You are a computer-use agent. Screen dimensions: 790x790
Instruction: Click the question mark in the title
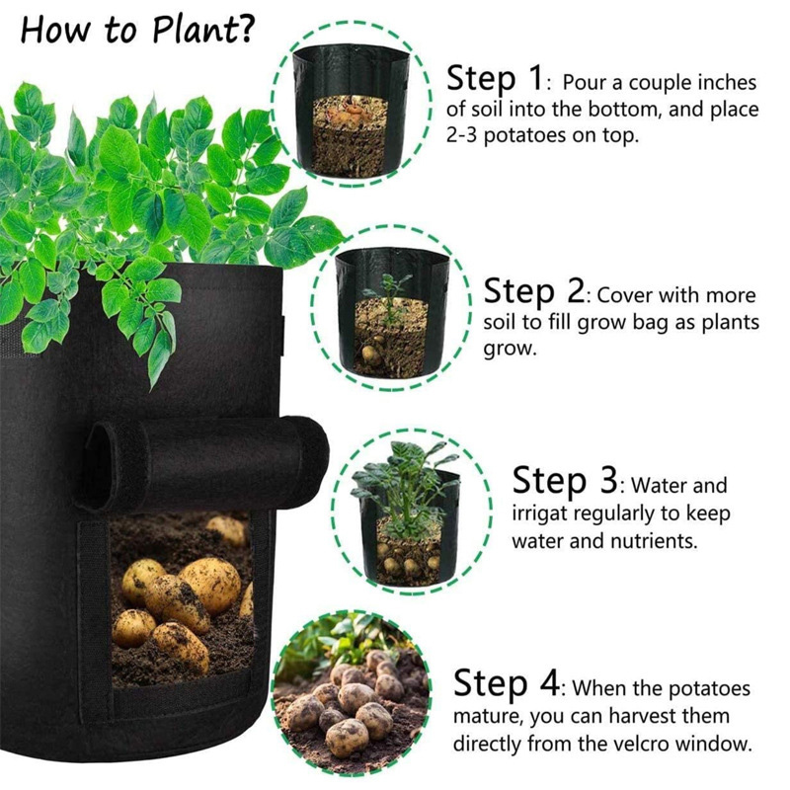[x=245, y=30]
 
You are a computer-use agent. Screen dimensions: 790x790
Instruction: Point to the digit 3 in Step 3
[x=608, y=480]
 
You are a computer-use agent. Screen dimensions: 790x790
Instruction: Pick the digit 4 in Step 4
[x=549, y=682]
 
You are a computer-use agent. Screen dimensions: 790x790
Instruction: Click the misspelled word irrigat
[x=539, y=514]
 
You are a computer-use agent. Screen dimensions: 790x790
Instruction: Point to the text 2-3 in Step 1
[x=461, y=134]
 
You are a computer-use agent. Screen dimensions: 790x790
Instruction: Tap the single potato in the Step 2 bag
[x=369, y=355]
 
